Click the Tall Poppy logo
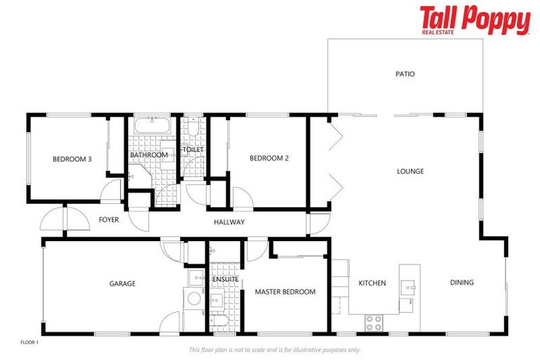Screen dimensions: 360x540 click(x=475, y=20)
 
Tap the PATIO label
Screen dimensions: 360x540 click(x=405, y=74)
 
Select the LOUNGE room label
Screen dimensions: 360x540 click(x=410, y=171)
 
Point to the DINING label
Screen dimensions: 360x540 click(x=462, y=283)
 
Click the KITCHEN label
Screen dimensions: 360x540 click(x=372, y=283)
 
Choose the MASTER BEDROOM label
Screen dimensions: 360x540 click(x=285, y=292)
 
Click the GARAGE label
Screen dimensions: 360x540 click(x=122, y=284)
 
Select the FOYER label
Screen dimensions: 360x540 click(x=109, y=220)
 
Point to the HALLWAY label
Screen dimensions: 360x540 click(x=229, y=222)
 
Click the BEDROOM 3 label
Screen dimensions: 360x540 click(x=72, y=159)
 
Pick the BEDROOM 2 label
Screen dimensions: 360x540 click(x=269, y=158)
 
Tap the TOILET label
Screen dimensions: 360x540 click(x=193, y=150)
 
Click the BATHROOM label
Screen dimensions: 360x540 click(x=149, y=155)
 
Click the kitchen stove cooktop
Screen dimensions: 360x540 click(x=373, y=323)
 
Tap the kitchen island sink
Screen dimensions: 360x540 click(x=409, y=287)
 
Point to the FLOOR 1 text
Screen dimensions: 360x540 click(x=30, y=342)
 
